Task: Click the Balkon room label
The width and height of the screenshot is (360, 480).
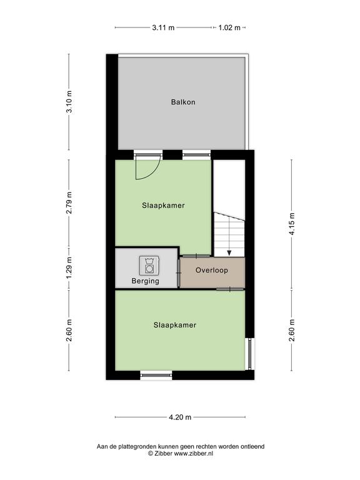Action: tap(183, 102)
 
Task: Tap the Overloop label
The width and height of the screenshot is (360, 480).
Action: tap(212, 270)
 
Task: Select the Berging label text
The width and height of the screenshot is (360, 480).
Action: tap(146, 281)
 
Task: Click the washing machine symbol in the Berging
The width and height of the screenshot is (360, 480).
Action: tap(149, 265)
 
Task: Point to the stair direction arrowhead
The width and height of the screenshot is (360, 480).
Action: tap(229, 253)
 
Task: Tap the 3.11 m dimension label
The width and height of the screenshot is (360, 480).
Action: tap(163, 27)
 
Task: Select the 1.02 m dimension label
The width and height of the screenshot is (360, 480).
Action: tap(229, 27)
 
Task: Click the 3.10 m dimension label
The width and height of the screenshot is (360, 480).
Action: tap(69, 102)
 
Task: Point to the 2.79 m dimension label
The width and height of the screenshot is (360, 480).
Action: tap(69, 203)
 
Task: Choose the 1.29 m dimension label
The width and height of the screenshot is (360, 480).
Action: tap(69, 268)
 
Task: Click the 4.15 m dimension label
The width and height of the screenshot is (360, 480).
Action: tap(292, 224)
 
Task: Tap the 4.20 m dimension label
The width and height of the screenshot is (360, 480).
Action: tap(180, 417)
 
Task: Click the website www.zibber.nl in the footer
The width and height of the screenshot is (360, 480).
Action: tap(194, 454)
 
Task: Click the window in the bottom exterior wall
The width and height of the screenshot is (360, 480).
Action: tap(156, 375)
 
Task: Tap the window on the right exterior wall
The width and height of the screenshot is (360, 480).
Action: tap(251, 354)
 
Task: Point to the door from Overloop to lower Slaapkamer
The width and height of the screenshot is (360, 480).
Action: tap(230, 289)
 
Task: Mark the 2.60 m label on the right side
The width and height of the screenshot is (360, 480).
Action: tap(292, 330)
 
